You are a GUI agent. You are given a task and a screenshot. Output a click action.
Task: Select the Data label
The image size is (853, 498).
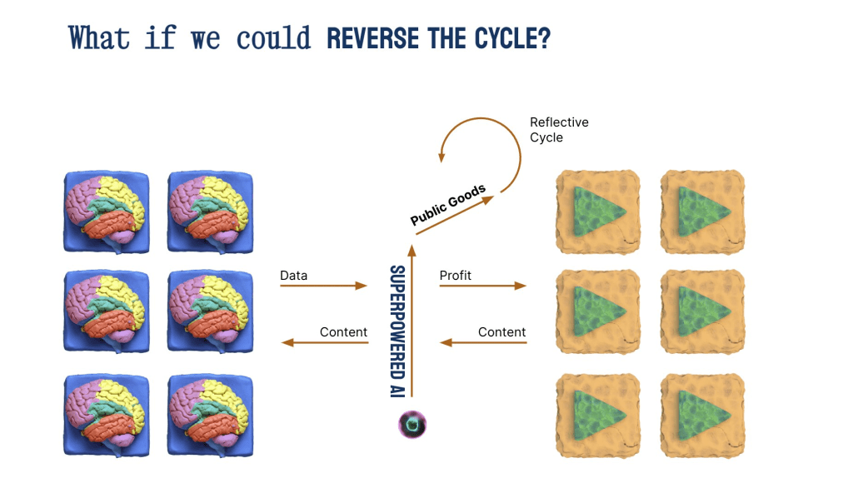pos(293,275)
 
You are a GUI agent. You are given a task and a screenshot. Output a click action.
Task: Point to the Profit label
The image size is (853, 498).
pos(455,275)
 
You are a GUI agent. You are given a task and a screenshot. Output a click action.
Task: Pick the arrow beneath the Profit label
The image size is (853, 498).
pos(482,286)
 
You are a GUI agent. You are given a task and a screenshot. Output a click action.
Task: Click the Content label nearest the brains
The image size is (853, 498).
pos(343,331)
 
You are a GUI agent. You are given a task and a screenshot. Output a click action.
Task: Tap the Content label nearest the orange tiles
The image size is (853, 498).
pos(501,331)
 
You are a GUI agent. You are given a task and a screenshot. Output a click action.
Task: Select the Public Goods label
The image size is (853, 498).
pos(448,205)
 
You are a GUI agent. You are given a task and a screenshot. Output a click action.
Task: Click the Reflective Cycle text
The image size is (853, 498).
pos(559,129)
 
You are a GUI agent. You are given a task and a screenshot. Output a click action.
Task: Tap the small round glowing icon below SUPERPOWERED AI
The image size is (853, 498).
pos(412,425)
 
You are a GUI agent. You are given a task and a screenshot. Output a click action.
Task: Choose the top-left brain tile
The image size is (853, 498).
pos(107,212)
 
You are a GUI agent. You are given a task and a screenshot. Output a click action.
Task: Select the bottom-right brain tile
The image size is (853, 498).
pos(210,413)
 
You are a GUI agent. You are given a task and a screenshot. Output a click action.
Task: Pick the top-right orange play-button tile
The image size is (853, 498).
pos(702,212)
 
